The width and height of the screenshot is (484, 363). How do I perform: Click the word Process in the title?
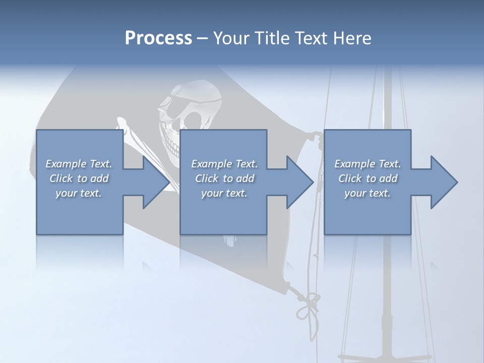coord(158,38)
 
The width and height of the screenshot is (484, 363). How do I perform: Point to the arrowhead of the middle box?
coord(299,182)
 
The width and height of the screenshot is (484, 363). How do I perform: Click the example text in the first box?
coord(79,178)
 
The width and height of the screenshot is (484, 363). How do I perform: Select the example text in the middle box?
coord(224,178)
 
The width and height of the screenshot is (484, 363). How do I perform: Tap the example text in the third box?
coord(368,178)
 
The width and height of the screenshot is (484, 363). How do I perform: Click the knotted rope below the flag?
coord(308,305)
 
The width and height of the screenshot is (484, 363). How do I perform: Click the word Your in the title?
coord(230,38)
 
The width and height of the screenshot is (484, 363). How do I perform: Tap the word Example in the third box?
coord(354,164)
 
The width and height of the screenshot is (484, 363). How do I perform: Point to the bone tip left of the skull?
coord(122,122)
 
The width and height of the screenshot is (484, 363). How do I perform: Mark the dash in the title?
coord(202,38)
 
